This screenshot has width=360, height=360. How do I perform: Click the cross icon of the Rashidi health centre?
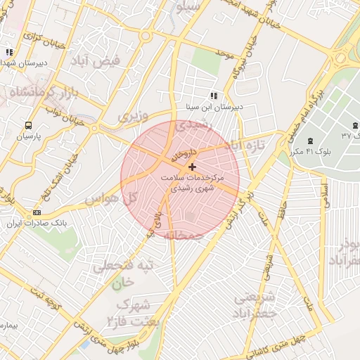(192, 167)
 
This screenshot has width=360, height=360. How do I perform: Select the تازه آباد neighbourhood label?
(243, 146)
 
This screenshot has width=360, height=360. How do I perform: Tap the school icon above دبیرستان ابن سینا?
(214, 96)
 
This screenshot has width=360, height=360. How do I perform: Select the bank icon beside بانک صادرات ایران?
(37, 212)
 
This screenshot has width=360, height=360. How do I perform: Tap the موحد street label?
(224, 53)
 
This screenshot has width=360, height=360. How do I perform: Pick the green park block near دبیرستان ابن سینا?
(205, 61)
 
